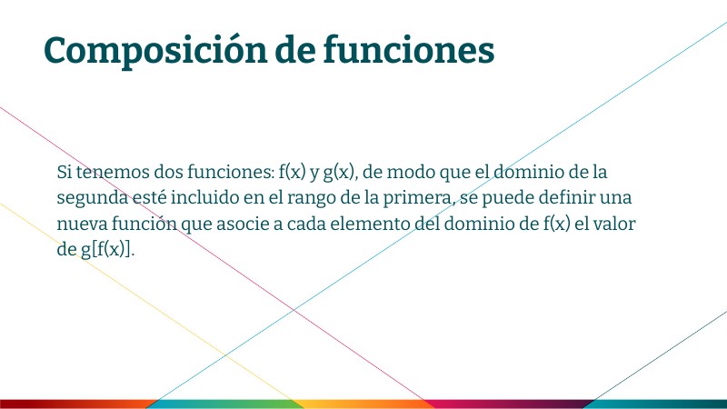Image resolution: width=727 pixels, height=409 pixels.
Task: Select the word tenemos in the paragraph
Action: (107, 172)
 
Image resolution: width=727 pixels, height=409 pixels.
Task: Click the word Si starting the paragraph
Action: (64, 172)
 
